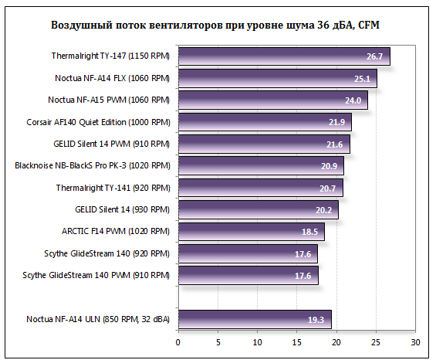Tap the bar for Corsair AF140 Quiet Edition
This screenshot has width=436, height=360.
264,122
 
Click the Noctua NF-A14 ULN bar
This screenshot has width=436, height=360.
254,318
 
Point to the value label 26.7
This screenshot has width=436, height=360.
375,57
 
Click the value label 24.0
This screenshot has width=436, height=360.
353,100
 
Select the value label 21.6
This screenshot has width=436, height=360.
335,144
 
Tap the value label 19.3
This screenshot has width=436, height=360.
316,319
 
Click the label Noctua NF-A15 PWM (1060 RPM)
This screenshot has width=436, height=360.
108,100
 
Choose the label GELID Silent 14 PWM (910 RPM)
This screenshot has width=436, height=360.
111,144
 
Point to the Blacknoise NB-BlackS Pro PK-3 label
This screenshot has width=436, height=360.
93,165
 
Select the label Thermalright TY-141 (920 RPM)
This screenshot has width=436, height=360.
112,187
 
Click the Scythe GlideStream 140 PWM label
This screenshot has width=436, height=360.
96,274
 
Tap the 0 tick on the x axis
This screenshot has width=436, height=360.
178,341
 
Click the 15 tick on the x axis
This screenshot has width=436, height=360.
297,341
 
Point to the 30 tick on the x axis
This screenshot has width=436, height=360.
415,341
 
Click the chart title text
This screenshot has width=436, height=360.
215,25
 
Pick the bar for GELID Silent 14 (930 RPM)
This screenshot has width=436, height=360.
257,209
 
